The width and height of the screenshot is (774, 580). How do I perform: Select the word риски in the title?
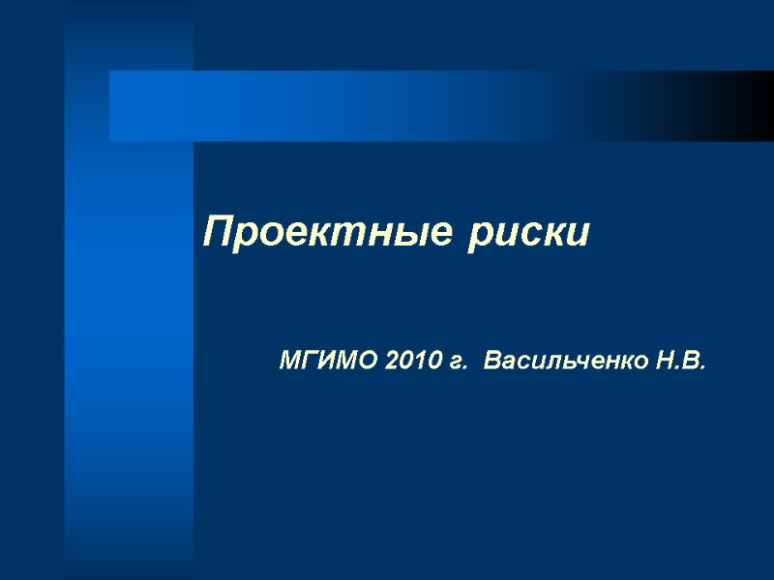pyautogui.click(x=528, y=234)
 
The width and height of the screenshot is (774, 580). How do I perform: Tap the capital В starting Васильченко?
pyautogui.click(x=491, y=362)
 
